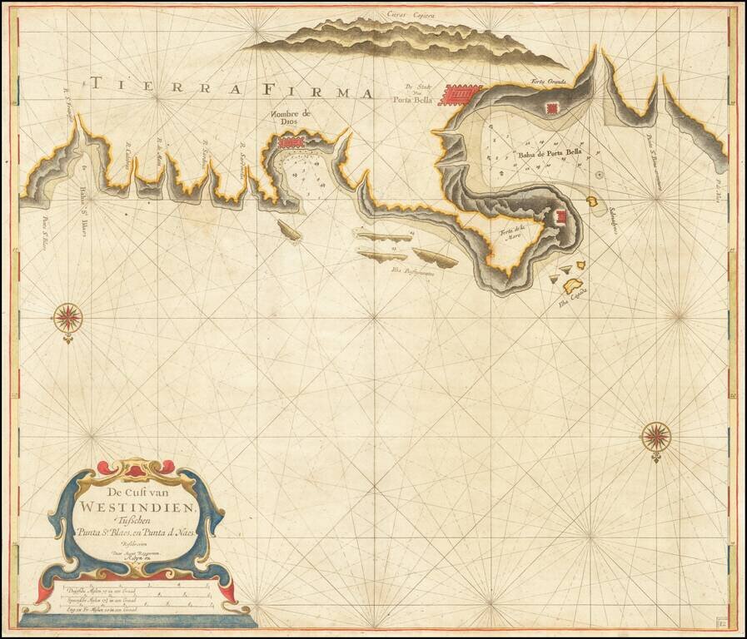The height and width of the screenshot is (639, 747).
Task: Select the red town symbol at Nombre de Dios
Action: point(291,143)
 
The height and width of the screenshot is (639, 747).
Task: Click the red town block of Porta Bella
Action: point(461,94)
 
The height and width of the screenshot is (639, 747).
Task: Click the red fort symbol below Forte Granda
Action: point(551,108)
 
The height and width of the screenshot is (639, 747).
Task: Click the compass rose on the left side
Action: point(68,317)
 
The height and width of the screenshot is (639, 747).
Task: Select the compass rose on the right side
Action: point(657,435)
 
